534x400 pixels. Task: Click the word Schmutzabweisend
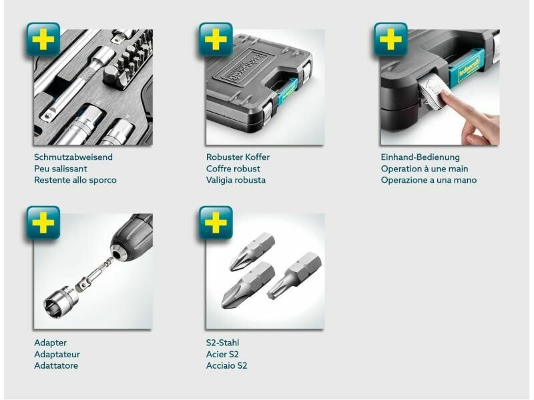pyautogui.click(x=73, y=157)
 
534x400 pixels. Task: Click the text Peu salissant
pyautogui.click(x=61, y=169)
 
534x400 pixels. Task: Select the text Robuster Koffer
pyautogui.click(x=238, y=157)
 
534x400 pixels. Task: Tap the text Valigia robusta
pyautogui.click(x=236, y=180)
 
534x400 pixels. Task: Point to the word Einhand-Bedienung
pyautogui.click(x=421, y=157)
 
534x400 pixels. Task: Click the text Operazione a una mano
pyautogui.click(x=429, y=180)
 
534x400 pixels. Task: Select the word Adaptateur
pyautogui.click(x=57, y=355)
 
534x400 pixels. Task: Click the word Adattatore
pyautogui.click(x=56, y=365)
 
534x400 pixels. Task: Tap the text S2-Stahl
pyautogui.click(x=222, y=343)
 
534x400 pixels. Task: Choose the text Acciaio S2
pyautogui.click(x=226, y=365)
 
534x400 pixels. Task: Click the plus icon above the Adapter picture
pyautogui.click(x=43, y=223)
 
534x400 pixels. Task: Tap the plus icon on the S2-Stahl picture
pyautogui.click(x=216, y=223)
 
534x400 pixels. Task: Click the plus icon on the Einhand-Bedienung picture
pyautogui.click(x=390, y=39)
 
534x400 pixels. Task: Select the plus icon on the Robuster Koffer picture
pyautogui.click(x=216, y=39)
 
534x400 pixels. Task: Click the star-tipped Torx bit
pyautogui.click(x=294, y=275)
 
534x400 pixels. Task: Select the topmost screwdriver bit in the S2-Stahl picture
pyautogui.click(x=252, y=252)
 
